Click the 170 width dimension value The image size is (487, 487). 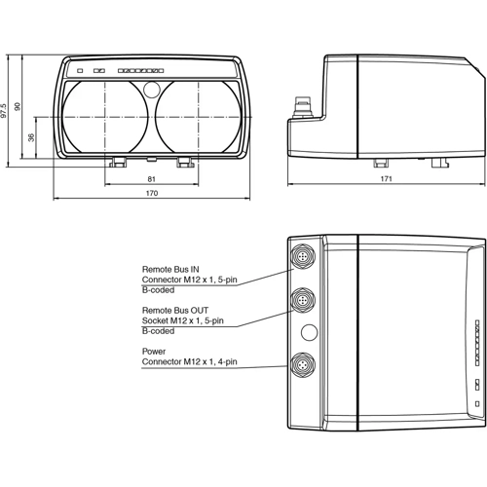(x=151, y=194)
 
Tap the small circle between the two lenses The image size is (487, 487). (x=151, y=91)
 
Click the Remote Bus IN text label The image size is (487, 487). (x=170, y=268)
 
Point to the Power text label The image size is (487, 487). (x=154, y=352)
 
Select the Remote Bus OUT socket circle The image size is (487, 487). (x=303, y=295)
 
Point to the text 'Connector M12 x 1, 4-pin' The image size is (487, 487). (x=189, y=363)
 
